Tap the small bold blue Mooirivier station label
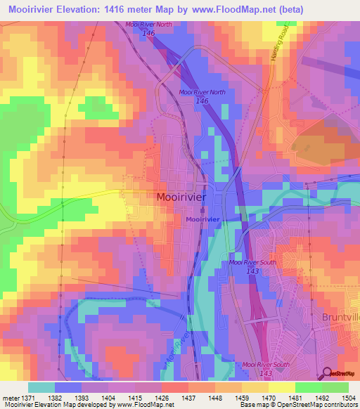(203, 220)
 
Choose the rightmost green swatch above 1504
(335, 387)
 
